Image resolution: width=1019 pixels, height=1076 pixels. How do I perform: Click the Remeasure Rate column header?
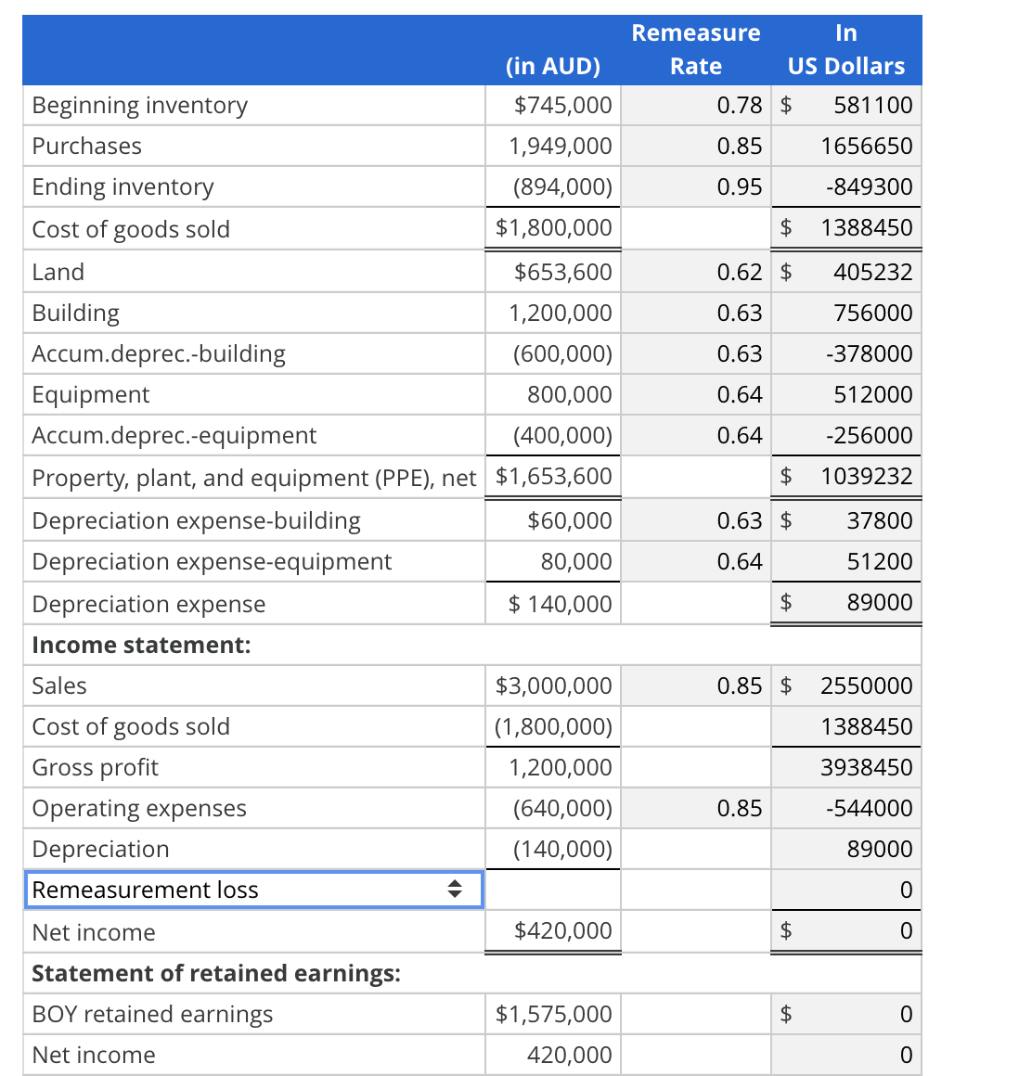coord(695,49)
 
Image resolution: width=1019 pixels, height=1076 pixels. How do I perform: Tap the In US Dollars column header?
coord(845,49)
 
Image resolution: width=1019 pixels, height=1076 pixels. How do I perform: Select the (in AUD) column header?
coord(553,66)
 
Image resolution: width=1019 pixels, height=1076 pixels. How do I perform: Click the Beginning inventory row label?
coord(140,105)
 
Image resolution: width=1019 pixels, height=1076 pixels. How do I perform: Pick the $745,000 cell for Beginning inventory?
coord(562,105)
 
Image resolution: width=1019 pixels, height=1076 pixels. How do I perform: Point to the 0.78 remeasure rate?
coord(739,105)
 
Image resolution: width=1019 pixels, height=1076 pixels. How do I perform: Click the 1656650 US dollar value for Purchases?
coord(866,146)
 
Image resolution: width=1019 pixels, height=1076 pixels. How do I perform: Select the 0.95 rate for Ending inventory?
coord(739,186)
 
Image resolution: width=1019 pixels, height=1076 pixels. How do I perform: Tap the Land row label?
coord(58,272)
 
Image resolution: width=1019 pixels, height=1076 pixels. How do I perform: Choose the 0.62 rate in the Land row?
coord(739,272)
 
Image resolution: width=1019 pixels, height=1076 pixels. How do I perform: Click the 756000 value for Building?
coord(872,313)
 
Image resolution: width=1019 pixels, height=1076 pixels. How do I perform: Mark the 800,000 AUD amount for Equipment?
coord(569,394)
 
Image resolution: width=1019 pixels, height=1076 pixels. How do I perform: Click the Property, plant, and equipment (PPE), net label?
coord(253,478)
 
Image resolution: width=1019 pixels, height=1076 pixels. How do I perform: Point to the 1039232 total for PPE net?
coord(866,476)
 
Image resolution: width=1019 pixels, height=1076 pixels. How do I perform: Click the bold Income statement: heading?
coord(141,645)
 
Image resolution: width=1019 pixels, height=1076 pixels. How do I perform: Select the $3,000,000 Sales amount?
coord(553,685)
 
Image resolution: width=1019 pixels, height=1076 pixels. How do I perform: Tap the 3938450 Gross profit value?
coord(866,767)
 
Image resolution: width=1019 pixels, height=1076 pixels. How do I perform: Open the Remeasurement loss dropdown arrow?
coord(455,890)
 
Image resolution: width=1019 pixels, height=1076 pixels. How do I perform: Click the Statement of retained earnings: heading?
coord(216,973)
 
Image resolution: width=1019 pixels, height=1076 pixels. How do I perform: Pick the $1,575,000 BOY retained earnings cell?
coord(553,1014)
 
